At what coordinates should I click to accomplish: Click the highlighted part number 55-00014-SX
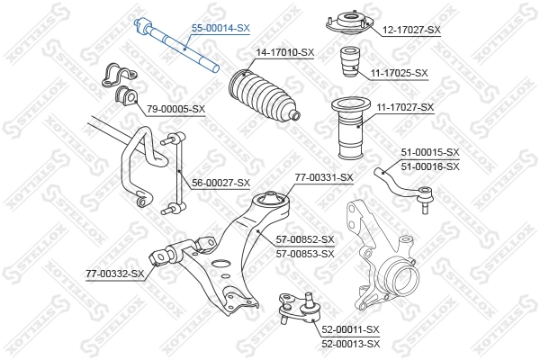(217, 29)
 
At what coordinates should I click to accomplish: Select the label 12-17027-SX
(409, 30)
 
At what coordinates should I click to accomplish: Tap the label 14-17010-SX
(284, 52)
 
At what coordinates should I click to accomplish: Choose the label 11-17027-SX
(404, 107)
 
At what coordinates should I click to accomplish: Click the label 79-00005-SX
(176, 110)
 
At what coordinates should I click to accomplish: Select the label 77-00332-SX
(115, 273)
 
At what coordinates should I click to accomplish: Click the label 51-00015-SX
(428, 152)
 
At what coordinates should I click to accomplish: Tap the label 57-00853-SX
(303, 253)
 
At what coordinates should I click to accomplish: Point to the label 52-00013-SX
(349, 344)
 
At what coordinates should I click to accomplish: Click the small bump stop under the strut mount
(351, 65)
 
